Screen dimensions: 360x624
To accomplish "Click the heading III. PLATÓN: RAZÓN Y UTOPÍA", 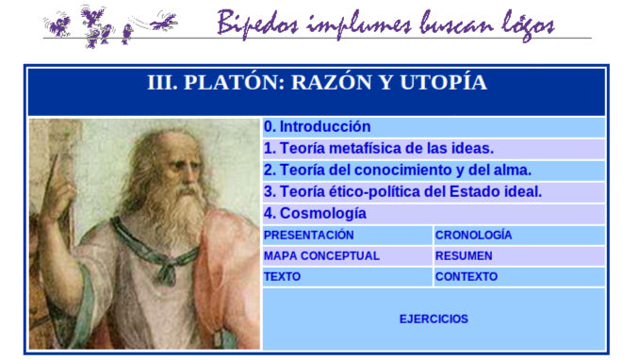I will (317, 83).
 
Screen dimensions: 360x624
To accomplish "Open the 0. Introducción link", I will (318, 127).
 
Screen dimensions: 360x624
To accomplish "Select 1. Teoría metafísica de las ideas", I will (379, 149).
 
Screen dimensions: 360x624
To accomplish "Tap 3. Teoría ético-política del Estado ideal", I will (402, 192).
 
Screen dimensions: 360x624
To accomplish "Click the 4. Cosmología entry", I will (315, 214).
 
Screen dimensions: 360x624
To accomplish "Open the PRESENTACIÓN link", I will (309, 236).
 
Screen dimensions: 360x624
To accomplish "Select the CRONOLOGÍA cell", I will (474, 236).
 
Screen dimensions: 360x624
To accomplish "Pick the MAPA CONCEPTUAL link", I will (321, 256).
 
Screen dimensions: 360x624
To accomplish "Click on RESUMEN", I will (464, 256).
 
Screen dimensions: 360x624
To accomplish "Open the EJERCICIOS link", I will (434, 319).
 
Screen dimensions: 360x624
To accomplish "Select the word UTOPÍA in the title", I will (442, 83).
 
